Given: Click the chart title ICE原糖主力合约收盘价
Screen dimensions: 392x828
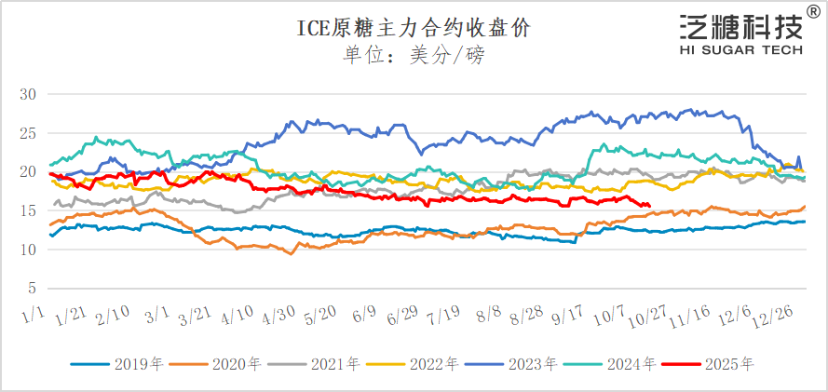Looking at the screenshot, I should point(414,27).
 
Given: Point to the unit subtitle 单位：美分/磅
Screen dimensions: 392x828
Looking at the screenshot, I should point(414,55).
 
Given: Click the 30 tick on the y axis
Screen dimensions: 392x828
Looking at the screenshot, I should point(27,94).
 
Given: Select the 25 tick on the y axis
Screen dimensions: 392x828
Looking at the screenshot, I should point(27,133).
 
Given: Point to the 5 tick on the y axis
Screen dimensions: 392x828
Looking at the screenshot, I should point(32,288).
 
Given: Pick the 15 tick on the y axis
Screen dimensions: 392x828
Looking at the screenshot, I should point(27,210).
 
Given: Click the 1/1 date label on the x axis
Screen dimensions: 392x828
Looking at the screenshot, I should point(34,318).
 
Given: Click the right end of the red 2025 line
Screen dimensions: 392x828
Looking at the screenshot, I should point(649,206).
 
